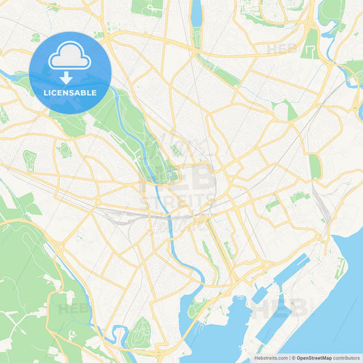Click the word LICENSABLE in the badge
pos(69,92)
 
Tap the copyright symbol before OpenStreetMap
pos(294,357)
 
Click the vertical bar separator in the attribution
pos(289,357)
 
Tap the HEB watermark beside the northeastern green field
pos(281,49)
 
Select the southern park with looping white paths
pos(140,332)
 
